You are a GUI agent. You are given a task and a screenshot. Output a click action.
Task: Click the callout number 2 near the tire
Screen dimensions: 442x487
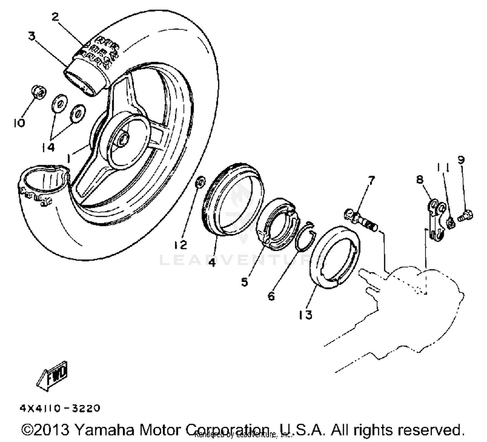point(56,17)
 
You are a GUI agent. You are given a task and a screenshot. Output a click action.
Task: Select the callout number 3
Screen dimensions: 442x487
point(31,36)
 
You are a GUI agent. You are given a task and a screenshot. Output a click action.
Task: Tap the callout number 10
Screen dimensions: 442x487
point(19,123)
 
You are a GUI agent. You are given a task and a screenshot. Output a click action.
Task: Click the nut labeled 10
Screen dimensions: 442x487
point(39,93)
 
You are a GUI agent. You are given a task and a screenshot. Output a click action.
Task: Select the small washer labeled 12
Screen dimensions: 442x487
point(200,182)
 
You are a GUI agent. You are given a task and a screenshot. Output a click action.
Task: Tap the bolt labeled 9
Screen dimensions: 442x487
point(466,216)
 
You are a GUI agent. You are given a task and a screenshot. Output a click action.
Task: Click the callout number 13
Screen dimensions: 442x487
point(306,315)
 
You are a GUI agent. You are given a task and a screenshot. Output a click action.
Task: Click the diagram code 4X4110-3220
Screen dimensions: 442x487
point(60,408)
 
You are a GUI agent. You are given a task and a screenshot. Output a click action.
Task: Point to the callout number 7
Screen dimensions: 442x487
point(371,180)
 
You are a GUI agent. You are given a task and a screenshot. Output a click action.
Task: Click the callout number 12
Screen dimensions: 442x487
point(181,245)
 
